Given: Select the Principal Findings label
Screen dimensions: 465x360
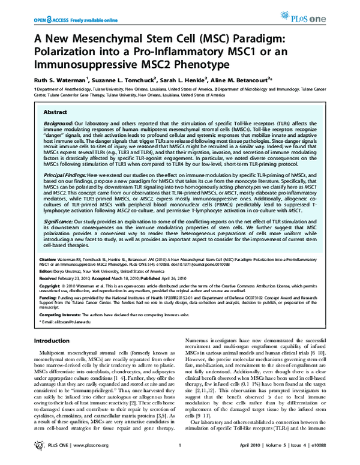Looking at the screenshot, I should tap(69, 173).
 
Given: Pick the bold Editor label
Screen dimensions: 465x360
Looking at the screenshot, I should tap(47, 272).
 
